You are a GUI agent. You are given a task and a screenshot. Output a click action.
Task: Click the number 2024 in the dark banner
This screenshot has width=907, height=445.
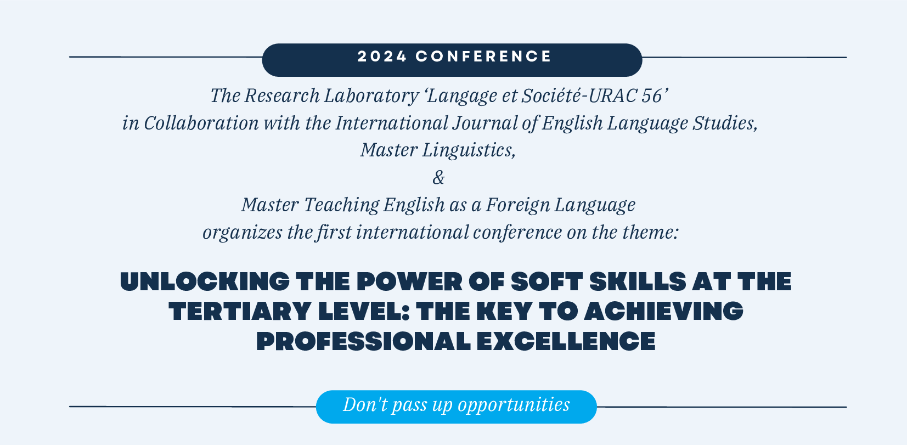pos(382,57)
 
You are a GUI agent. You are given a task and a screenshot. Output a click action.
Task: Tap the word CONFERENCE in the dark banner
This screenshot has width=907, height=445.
pos(483,57)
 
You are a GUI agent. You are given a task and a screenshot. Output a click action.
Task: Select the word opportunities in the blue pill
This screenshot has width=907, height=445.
pos(514,404)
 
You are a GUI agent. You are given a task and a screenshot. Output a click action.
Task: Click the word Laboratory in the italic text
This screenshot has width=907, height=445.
pos(371,96)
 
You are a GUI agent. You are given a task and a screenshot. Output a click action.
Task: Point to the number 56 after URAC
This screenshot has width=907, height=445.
pos(652,96)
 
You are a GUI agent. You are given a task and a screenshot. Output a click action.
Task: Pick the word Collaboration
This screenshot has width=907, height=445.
pos(201,123)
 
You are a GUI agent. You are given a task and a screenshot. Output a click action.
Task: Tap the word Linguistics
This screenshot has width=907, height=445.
pos(469,151)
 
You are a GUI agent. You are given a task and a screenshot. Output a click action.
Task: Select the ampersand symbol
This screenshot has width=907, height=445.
pos(438,177)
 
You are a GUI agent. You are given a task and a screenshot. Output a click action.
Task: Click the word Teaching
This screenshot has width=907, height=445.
pos(341,205)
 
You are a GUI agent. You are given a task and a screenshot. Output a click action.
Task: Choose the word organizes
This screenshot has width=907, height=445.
pos(242,233)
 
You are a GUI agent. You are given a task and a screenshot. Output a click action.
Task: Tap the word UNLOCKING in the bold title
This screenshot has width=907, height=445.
pos(205,281)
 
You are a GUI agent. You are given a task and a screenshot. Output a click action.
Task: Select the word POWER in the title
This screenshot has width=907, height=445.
pos(409,281)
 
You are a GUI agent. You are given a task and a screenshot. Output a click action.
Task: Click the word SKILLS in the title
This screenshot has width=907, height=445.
pos(638,281)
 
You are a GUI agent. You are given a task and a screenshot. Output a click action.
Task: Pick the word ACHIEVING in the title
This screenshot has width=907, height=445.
pos(663,311)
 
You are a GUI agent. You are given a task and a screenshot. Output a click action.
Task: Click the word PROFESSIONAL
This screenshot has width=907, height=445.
pos(363,341)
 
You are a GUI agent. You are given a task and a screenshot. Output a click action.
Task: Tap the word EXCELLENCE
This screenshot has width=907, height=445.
pos(566,341)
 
